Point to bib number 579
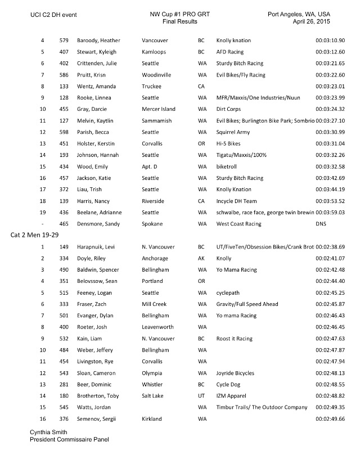(64, 41)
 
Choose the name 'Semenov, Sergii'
(89, 419)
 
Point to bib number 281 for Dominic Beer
(64, 385)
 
